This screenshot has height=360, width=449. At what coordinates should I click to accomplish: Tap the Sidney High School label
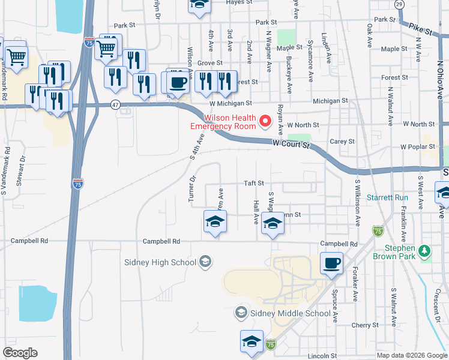tap(160, 262)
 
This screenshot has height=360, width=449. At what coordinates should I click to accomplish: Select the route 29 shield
tap(399, 4)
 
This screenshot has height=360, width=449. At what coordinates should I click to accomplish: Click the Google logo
tap(20, 353)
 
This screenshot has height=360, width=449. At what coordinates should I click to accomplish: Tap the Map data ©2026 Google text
tap(412, 355)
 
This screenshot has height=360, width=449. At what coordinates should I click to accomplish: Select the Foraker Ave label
tap(355, 284)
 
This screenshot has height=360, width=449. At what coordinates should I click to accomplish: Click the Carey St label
tap(343, 142)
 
